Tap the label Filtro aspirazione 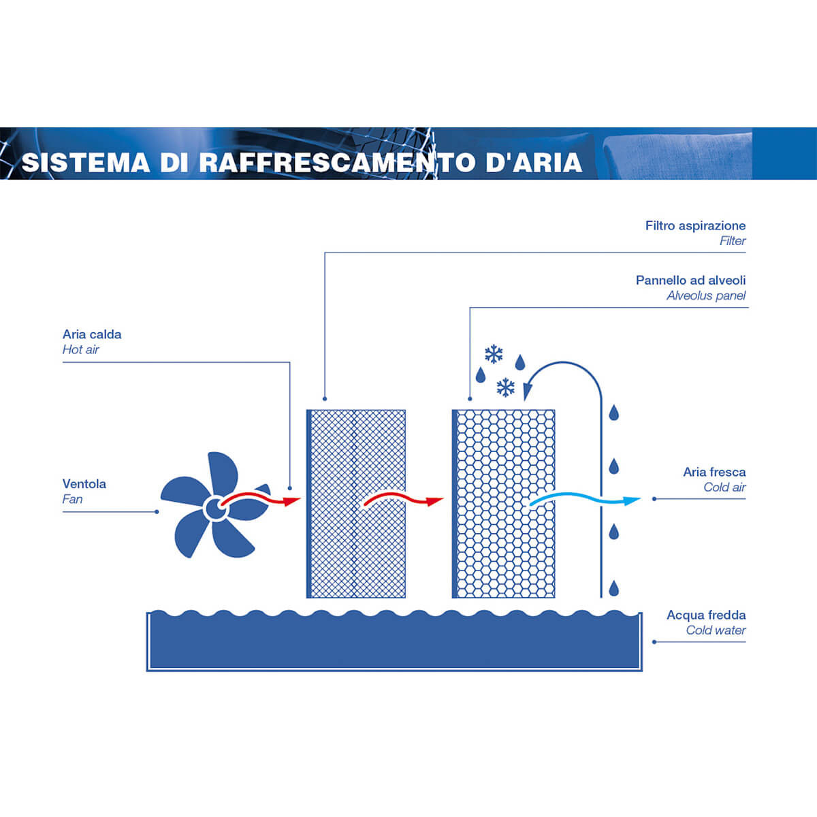pos(695,225)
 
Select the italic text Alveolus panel pos(706,295)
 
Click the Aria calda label pos(92,334)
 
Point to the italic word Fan pos(72,499)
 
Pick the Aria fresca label pos(714,472)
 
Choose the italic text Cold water pos(716,630)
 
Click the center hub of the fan pos(216,508)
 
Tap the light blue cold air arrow pos(584,497)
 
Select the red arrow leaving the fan pos(261,498)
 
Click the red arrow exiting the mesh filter pos(404,498)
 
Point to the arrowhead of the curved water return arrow pos(528,391)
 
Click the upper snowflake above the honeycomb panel pos(494,354)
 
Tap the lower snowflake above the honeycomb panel pos(505,387)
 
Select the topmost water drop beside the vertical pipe pos(613,413)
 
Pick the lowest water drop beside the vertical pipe pos(613,588)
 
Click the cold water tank pos(394,641)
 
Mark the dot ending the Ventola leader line pos(157,512)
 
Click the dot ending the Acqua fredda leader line pos(654,642)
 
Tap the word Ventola pos(84,484)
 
